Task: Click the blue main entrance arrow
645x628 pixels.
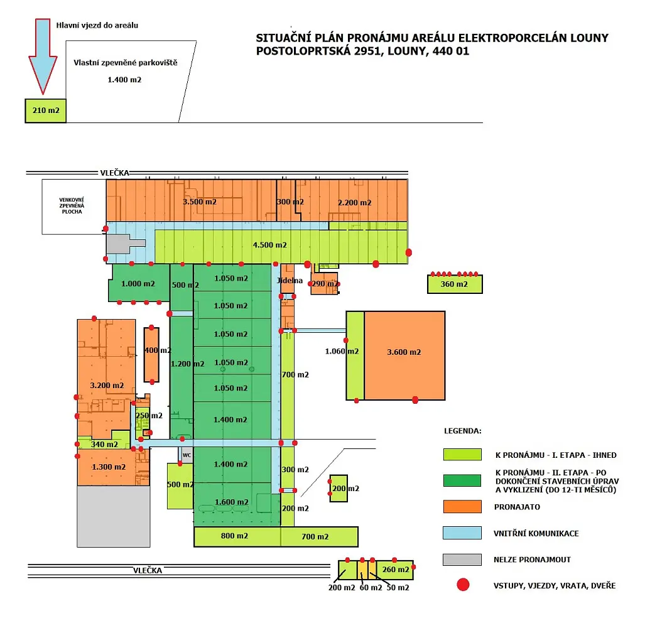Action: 43,55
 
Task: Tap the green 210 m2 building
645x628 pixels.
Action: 46,111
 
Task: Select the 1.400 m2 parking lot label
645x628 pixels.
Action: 124,80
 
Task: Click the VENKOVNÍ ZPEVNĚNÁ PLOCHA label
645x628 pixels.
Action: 72,205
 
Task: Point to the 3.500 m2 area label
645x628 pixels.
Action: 200,202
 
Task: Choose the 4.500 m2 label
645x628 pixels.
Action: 270,245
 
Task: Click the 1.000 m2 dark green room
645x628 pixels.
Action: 139,283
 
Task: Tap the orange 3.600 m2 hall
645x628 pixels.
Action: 404,355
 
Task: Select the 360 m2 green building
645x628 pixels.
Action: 455,284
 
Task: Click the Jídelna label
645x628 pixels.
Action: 290,281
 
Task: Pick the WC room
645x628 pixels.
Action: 186,455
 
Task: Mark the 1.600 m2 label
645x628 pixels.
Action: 232,502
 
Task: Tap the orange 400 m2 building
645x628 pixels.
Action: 151,355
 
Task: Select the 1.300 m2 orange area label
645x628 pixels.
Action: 109,467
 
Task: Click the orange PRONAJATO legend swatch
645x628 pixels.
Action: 462,507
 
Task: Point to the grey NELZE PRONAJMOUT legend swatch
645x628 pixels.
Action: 462,560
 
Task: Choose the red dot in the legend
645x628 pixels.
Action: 463,585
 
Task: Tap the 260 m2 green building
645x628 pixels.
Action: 395,570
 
